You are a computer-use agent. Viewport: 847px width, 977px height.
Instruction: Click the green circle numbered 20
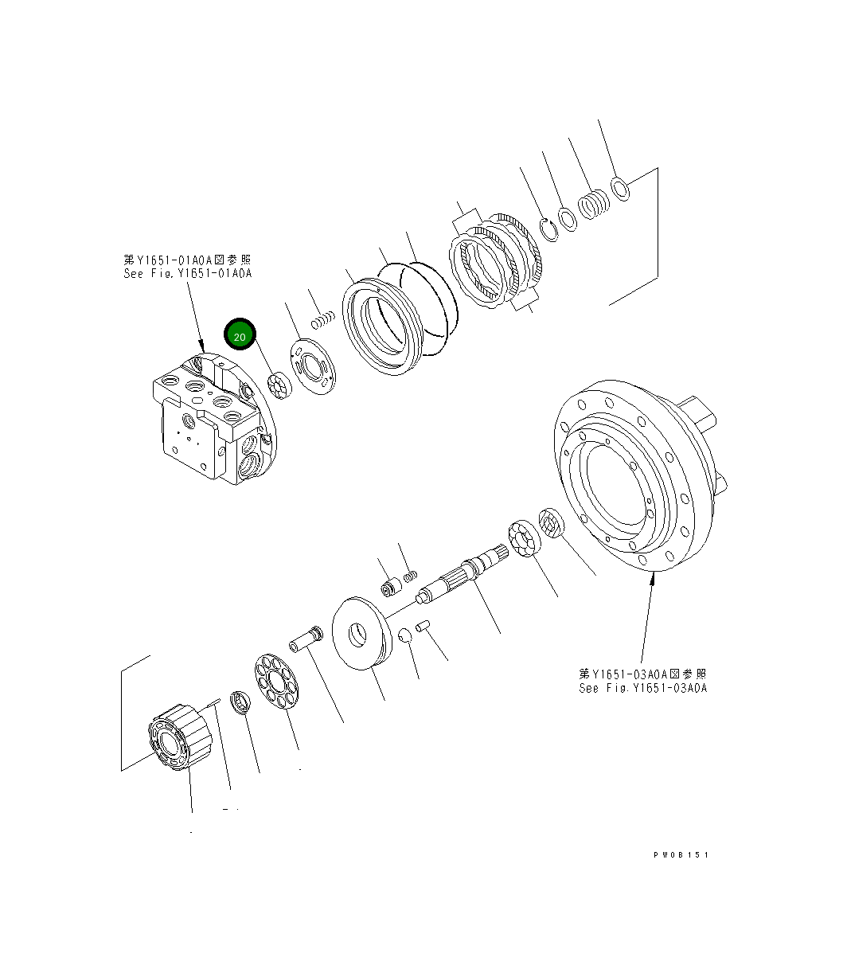240,336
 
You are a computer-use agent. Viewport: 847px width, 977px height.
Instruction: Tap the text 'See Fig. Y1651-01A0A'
188,273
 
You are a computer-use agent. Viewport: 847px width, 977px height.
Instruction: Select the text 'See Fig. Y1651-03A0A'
642,688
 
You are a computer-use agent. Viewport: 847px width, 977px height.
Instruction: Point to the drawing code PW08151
680,854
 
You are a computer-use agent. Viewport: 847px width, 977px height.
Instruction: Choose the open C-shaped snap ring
547,228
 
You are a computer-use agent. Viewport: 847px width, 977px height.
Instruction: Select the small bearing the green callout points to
280,385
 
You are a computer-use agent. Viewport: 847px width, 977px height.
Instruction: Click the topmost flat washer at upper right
621,190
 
